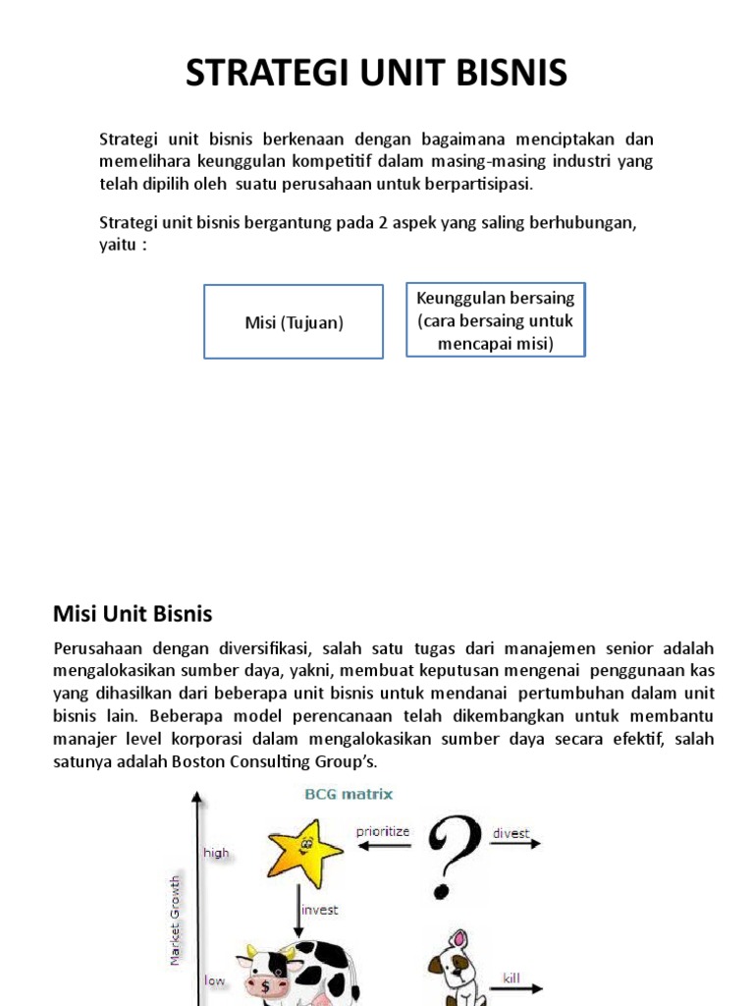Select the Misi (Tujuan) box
pos(293,322)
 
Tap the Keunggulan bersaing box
pos(496,320)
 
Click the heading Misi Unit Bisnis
pos(132,614)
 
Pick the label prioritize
pos(383,831)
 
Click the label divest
pos(511,833)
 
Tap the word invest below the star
pos(319,910)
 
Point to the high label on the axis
pos(216,853)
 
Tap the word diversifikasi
pos(257,649)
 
